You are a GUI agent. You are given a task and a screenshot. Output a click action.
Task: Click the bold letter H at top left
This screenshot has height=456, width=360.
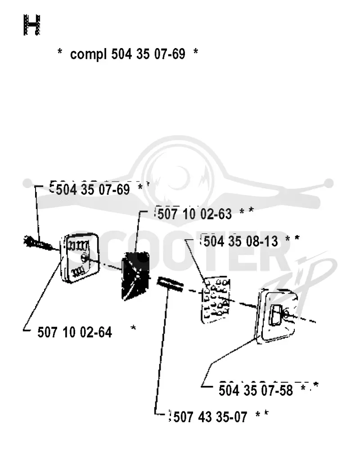tap(31, 25)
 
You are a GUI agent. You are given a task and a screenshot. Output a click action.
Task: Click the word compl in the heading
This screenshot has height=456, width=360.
tap(89, 54)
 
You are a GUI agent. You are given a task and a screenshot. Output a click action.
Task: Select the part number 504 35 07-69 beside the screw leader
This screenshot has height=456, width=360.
tap(93, 190)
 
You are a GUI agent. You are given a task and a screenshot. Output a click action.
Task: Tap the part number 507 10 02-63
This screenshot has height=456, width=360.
tap(194, 214)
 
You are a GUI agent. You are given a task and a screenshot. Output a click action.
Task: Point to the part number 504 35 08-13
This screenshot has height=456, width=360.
tap(240, 241)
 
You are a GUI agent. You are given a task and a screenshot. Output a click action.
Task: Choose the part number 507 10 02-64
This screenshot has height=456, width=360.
tap(75, 332)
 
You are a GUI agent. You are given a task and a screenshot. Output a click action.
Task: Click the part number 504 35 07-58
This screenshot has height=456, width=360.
tap(256, 390)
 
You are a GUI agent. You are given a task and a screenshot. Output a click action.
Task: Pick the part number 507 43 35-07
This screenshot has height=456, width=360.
tap(210, 417)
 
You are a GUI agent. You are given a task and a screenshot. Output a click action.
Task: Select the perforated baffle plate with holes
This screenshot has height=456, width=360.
tap(216, 300)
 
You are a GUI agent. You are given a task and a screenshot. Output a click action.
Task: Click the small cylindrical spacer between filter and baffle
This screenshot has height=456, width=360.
tap(170, 284)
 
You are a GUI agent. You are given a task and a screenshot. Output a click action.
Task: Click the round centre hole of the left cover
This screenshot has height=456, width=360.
tap(85, 257)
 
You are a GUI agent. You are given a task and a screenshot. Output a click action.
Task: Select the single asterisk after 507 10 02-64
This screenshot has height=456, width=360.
tap(133, 328)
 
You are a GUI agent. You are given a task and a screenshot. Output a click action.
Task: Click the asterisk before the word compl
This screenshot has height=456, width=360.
tap(60, 52)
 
